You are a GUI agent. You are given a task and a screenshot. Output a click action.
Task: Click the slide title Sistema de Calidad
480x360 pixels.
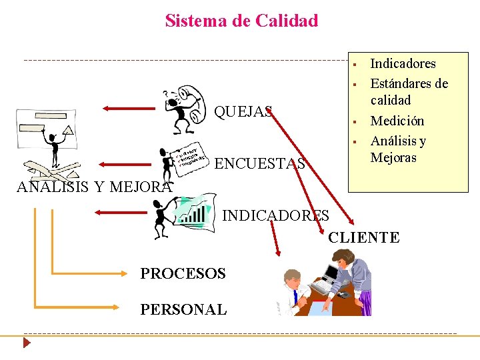(x=241, y=21)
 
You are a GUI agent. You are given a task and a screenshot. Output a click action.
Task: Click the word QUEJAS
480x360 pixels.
(x=243, y=111)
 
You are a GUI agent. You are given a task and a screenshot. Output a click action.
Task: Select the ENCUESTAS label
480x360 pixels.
(x=261, y=163)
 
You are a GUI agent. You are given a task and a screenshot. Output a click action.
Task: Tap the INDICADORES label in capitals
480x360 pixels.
(x=275, y=215)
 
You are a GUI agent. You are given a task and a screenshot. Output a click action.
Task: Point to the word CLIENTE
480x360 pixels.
(x=363, y=237)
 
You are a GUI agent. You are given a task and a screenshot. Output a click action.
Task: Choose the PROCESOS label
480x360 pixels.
(x=183, y=273)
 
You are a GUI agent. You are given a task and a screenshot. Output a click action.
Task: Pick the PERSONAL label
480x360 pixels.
(x=183, y=309)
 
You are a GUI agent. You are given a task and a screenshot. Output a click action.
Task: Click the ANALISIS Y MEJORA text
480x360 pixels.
(x=93, y=187)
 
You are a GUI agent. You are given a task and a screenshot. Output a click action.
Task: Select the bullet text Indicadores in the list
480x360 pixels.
(x=403, y=64)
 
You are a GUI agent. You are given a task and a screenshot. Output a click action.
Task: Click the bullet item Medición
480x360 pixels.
(x=397, y=121)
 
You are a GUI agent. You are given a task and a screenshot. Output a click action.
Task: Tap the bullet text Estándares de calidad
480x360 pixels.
(x=409, y=92)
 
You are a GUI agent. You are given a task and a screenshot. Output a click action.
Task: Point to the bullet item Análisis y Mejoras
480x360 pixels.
(x=398, y=149)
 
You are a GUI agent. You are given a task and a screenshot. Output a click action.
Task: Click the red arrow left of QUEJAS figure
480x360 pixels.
(x=131, y=107)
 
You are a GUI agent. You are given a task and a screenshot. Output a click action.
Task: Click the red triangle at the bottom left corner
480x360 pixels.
(x=27, y=344)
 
